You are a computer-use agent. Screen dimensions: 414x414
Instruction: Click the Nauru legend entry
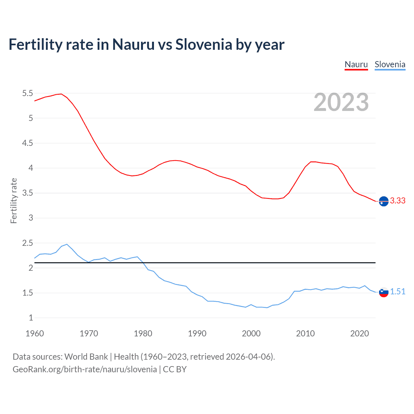[x=356, y=64]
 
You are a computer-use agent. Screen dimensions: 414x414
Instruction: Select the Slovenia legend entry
[x=390, y=64]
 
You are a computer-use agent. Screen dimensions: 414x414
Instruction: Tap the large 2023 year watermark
[x=341, y=102]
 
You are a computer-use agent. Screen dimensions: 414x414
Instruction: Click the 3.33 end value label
[x=398, y=201]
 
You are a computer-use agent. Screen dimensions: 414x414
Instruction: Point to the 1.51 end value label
[x=398, y=292]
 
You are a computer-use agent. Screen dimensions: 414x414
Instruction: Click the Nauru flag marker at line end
[x=384, y=201]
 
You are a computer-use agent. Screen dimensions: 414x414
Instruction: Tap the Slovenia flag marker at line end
[x=384, y=292]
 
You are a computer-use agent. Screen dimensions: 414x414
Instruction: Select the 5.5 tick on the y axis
[x=27, y=93]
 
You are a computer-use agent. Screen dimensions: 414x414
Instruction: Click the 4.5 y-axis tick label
[x=27, y=143]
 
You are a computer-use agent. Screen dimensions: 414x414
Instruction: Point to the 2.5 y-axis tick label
[x=27, y=243]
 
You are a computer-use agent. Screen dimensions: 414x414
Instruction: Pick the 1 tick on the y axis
[x=31, y=318]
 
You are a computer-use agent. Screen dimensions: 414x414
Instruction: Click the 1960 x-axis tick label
[x=35, y=333]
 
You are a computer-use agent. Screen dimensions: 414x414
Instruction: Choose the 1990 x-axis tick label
[x=197, y=333]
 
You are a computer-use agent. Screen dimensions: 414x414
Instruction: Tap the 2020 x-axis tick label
[x=359, y=333]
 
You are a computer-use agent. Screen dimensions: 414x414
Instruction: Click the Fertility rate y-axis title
[x=14, y=201]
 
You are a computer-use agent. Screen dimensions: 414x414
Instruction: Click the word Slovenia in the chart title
[x=204, y=44]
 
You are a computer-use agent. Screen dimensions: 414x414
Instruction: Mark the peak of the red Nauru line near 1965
[x=61, y=94]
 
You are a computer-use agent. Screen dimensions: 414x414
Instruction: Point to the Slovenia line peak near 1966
[x=67, y=244]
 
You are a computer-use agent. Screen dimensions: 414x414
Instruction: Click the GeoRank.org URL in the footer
[x=85, y=369]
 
